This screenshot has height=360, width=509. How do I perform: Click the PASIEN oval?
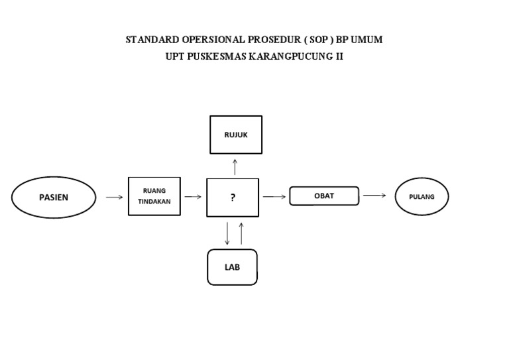pyautogui.click(x=53, y=197)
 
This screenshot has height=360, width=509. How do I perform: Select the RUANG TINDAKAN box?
pyautogui.click(x=154, y=196)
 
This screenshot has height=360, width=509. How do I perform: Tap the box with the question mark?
pyautogui.click(x=233, y=198)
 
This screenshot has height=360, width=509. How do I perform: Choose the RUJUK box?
pyautogui.click(x=235, y=135)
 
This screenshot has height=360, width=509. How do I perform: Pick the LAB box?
pyautogui.click(x=232, y=267)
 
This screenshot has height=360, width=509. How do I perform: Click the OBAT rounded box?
pyautogui.click(x=324, y=196)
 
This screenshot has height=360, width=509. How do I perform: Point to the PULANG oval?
pyautogui.click(x=422, y=197)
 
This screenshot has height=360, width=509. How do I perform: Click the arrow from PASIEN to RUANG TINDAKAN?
pyautogui.click(x=114, y=197)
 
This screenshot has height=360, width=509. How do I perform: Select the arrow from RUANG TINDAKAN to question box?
pyautogui.click(x=193, y=197)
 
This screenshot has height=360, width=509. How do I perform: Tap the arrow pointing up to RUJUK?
pyautogui.click(x=235, y=166)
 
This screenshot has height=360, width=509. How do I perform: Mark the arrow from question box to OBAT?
pyautogui.click(x=274, y=197)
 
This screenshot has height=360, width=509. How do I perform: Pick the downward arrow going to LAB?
pyautogui.click(x=227, y=233)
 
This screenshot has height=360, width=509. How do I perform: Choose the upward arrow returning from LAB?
pyautogui.click(x=241, y=233)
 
